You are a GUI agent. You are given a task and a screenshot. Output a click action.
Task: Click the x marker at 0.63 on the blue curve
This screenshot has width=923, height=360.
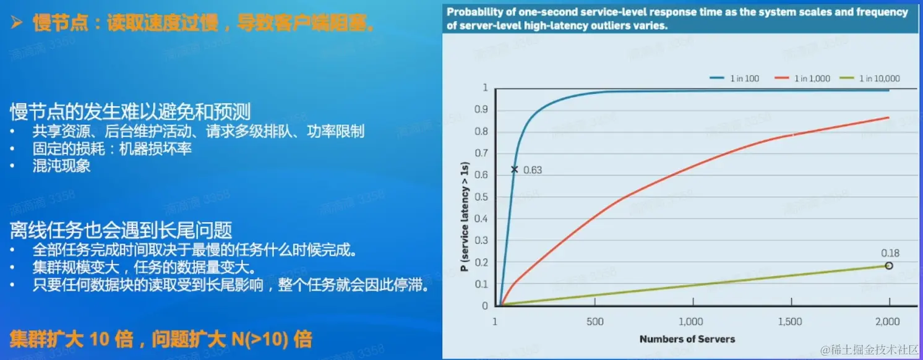(x=514, y=169)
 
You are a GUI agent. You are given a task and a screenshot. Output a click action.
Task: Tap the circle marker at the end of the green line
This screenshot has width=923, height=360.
(x=889, y=266)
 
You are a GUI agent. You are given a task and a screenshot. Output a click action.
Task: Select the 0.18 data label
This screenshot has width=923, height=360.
(x=890, y=253)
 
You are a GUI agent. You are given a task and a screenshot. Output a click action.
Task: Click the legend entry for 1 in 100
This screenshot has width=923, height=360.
(x=734, y=79)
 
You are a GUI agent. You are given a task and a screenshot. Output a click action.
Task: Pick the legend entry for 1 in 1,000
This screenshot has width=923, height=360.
(x=802, y=79)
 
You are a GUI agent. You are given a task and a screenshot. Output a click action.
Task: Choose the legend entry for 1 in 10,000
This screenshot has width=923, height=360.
(x=870, y=79)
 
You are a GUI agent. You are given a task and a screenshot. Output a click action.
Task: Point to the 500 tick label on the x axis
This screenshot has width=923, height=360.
(x=595, y=321)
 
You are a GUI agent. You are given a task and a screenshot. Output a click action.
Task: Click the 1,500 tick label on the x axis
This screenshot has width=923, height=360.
(x=790, y=321)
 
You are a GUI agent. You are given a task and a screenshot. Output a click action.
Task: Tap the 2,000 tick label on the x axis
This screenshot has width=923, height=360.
(x=888, y=321)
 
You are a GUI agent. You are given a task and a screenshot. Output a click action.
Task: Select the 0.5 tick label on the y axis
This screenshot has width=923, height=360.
(x=481, y=197)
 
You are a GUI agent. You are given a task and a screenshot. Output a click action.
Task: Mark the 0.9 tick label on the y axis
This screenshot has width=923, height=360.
(x=481, y=109)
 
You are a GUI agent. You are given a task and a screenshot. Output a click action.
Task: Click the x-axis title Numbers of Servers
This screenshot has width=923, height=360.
(x=687, y=339)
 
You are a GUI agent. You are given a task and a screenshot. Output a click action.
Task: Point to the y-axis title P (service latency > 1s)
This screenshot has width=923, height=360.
(x=465, y=216)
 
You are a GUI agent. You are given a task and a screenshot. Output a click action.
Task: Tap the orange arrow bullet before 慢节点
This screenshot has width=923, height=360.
(x=17, y=22)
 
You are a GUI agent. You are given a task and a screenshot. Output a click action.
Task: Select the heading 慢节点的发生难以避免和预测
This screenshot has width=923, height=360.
(x=130, y=111)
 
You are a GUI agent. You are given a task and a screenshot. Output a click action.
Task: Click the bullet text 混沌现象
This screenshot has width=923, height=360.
(x=61, y=166)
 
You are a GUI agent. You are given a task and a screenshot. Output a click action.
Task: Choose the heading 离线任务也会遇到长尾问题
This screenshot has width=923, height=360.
(x=121, y=230)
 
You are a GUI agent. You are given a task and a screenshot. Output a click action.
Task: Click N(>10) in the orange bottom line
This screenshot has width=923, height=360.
(x=260, y=340)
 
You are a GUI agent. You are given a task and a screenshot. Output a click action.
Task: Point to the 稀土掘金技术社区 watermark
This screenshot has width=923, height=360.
(x=869, y=349)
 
